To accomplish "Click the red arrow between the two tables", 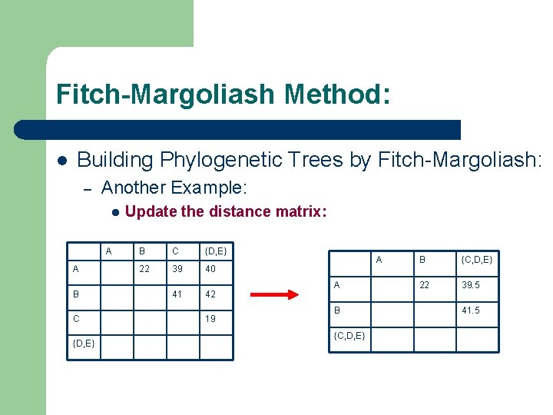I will (277, 294).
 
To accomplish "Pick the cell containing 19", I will (210, 318).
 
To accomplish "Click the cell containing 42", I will (210, 294).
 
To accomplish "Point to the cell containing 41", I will (177, 294).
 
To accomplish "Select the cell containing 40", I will (210, 268).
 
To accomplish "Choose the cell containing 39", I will (177, 268).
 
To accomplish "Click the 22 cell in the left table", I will (144, 268).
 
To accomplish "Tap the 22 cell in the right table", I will (423, 285).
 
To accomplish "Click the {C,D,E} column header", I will (477, 260).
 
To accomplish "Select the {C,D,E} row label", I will (349, 336).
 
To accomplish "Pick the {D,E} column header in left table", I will (215, 251).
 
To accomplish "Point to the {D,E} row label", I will (84, 343).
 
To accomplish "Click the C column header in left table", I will (176, 251).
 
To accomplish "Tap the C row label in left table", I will (76, 318).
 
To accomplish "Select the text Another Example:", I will (174, 188).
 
